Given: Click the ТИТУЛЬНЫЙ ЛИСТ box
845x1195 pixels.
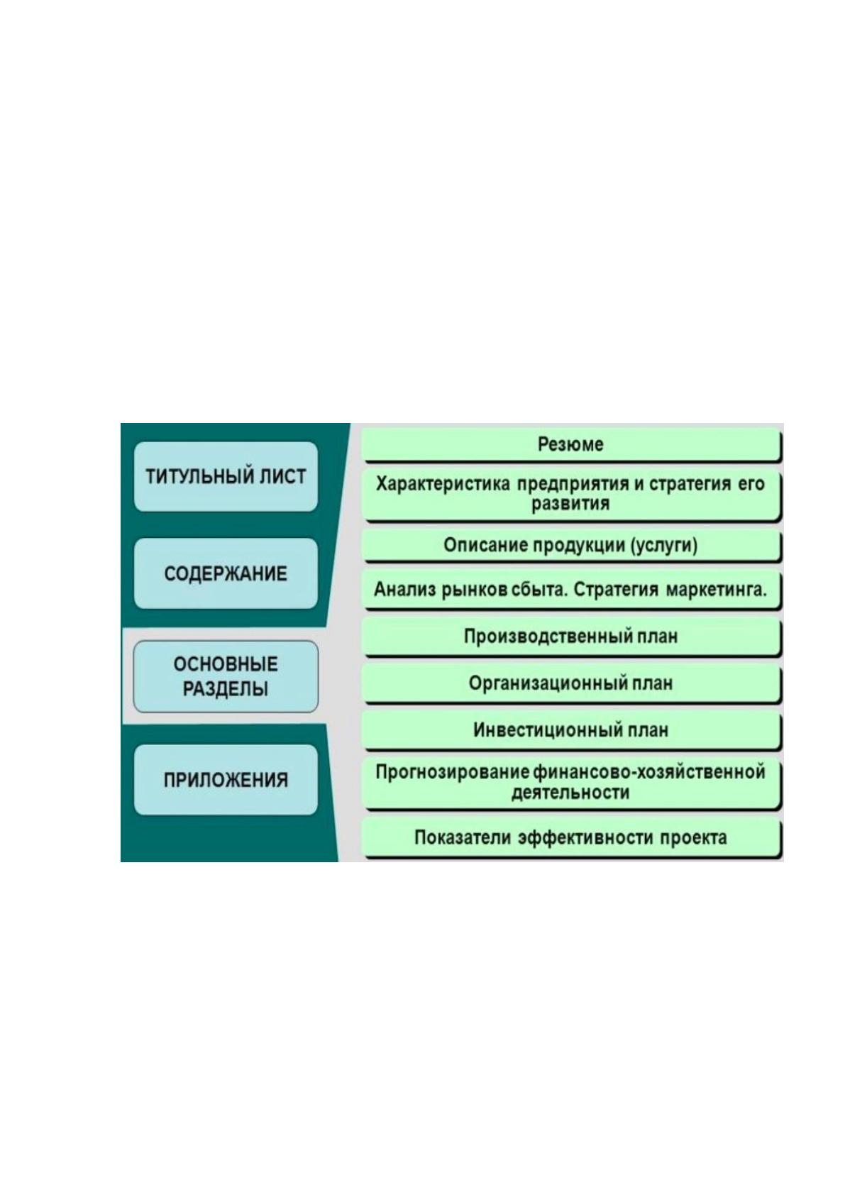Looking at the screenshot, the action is [226, 476].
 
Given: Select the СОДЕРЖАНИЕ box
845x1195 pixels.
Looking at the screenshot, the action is [226, 573].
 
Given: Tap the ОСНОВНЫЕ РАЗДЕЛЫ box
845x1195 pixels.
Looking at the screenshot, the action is [226, 676].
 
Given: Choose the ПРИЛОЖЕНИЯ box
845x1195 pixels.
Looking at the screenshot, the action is [226, 779].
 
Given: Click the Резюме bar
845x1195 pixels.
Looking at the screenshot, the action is [571, 444].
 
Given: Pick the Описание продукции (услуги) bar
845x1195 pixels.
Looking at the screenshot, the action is [571, 545].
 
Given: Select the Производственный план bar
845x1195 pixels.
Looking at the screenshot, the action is [571, 637].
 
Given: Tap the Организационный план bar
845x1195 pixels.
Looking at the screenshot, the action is [571, 683].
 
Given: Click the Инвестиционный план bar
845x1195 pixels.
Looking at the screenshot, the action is [571, 729].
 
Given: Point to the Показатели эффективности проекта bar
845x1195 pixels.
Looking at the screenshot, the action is [571, 837].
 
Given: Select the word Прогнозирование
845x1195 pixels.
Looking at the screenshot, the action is [453, 772].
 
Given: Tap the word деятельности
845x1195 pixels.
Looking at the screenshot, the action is [570, 793].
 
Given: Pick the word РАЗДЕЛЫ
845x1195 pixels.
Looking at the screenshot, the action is [226, 689].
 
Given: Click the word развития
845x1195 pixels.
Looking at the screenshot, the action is [570, 504].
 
